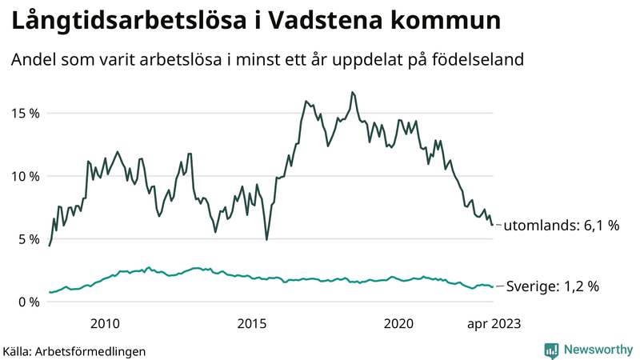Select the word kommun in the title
[x=446, y=22]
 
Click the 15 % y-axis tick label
[x=24, y=113]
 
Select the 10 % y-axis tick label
[x=24, y=176]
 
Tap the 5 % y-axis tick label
[x=28, y=238]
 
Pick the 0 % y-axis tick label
[x=28, y=302]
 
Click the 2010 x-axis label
[x=105, y=323]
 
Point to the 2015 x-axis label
[x=252, y=323]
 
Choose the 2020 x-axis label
[x=399, y=323]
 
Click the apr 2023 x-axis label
[x=494, y=323]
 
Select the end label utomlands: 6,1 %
[x=562, y=226]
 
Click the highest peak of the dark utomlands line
[x=351, y=92]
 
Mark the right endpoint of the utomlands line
[x=493, y=225]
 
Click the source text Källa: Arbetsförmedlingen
[x=74, y=350]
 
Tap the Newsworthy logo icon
[x=551, y=350]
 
